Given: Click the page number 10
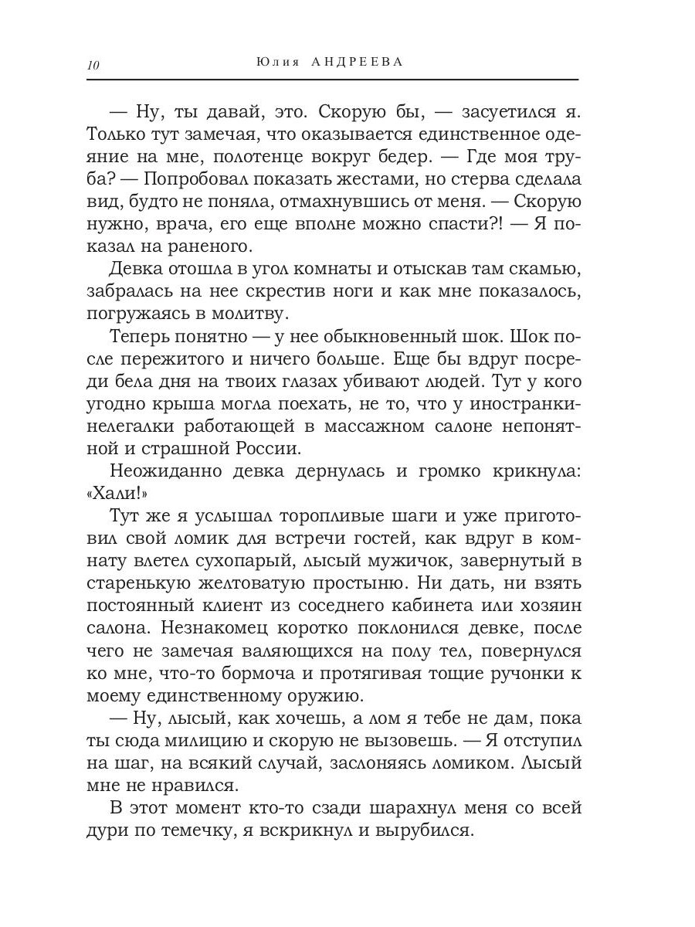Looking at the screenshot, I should coord(93,65).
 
